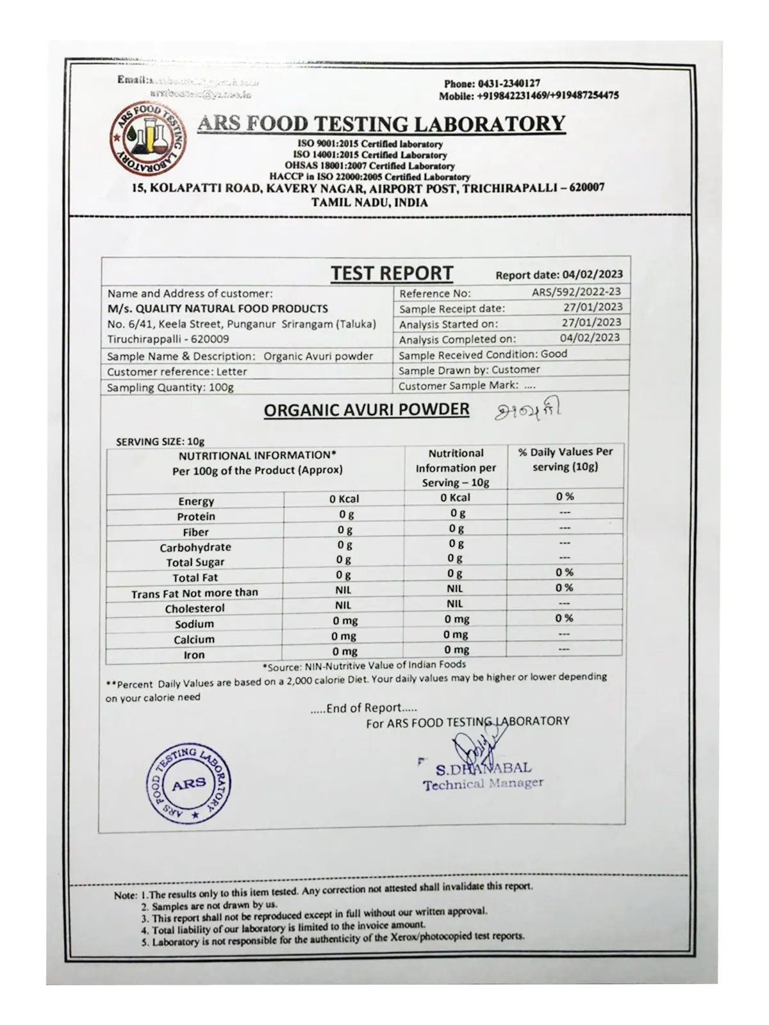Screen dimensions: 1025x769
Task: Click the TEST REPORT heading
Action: click(x=392, y=273)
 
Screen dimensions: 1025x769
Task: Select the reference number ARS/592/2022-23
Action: click(x=576, y=292)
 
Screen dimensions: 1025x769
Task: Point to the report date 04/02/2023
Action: click(x=591, y=275)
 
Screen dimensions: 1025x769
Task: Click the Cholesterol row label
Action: click(x=195, y=609)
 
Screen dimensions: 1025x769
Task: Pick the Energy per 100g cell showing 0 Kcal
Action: click(x=344, y=498)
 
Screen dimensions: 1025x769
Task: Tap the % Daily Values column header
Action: click(x=565, y=459)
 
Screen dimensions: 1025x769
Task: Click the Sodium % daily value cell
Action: click(x=565, y=618)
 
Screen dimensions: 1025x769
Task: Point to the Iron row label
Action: click(x=195, y=655)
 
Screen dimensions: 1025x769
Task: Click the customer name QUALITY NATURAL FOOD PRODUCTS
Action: click(x=218, y=309)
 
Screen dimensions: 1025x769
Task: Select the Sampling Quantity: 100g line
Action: click(x=170, y=388)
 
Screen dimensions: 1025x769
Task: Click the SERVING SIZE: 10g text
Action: click(x=160, y=441)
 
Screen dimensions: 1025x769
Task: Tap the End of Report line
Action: click(x=363, y=708)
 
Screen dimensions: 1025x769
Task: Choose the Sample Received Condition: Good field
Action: click(x=483, y=354)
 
